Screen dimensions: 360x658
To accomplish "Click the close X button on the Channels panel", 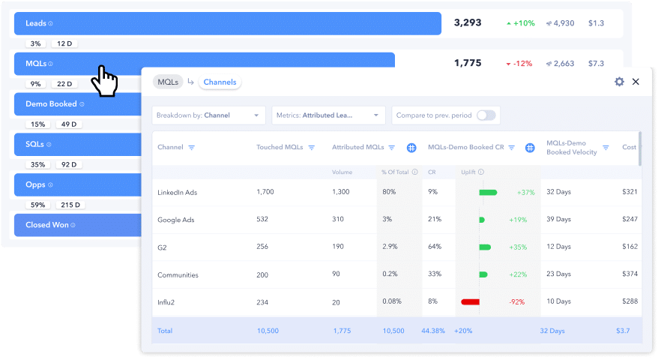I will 636,82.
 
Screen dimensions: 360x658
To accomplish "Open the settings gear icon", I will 619,82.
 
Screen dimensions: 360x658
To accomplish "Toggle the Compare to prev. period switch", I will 486,115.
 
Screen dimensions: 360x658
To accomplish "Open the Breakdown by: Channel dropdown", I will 208,115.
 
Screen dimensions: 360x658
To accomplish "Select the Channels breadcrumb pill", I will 220,82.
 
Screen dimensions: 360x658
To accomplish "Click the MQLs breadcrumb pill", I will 168,82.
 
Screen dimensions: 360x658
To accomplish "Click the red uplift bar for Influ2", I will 470,301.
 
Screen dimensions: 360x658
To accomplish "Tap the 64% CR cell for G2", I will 433,247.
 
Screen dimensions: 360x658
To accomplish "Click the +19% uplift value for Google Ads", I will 518,220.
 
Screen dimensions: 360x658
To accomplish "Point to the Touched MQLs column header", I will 280,148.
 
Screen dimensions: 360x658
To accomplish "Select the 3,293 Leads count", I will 468,23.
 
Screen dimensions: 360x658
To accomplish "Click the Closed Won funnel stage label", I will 47,225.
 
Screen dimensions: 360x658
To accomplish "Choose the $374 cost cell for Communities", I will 630,274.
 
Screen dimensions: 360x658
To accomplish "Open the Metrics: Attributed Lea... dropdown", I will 328,115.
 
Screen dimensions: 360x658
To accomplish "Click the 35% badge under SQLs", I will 35,164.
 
